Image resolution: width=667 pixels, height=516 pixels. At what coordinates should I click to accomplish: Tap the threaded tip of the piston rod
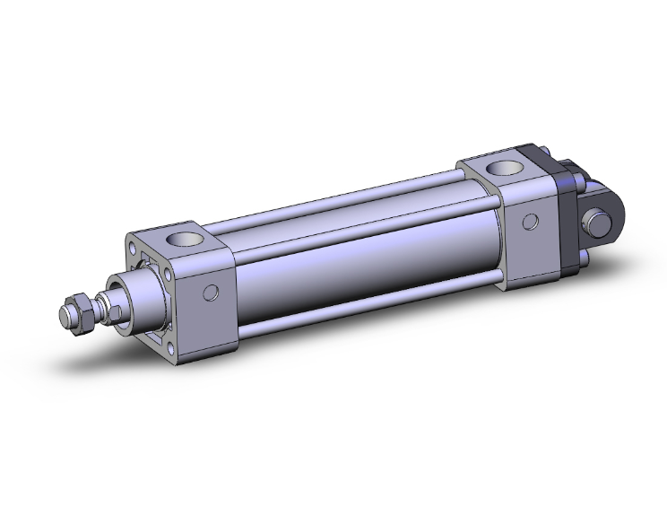65,317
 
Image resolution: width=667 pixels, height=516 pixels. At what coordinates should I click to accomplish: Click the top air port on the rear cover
498,167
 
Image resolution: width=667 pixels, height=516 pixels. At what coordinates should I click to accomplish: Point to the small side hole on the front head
212,292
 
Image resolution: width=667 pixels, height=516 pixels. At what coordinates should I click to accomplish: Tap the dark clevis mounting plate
567,215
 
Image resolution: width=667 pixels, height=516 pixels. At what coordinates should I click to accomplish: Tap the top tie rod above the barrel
341,203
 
